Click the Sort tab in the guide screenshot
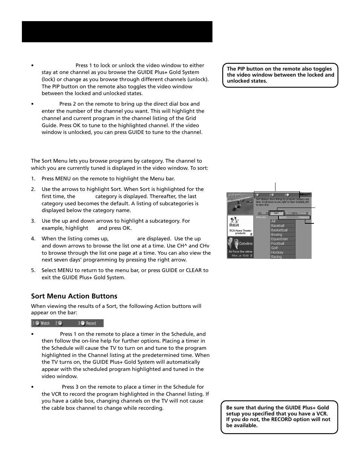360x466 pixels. point(276,213)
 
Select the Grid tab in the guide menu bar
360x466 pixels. point(263,213)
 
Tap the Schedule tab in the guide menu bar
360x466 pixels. point(302,213)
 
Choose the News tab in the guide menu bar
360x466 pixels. point(289,213)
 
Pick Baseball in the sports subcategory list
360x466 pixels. point(278,226)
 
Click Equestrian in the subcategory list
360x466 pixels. point(279,239)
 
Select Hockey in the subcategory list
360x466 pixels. point(277,252)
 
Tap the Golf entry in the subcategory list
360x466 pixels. point(274,248)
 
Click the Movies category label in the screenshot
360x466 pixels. point(261,217)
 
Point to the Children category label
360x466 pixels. point(303,217)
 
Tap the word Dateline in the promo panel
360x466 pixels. point(246,243)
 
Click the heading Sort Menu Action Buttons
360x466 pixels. point(74,296)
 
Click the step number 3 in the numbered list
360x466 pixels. point(33,221)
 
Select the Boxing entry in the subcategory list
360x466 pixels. point(277,234)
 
